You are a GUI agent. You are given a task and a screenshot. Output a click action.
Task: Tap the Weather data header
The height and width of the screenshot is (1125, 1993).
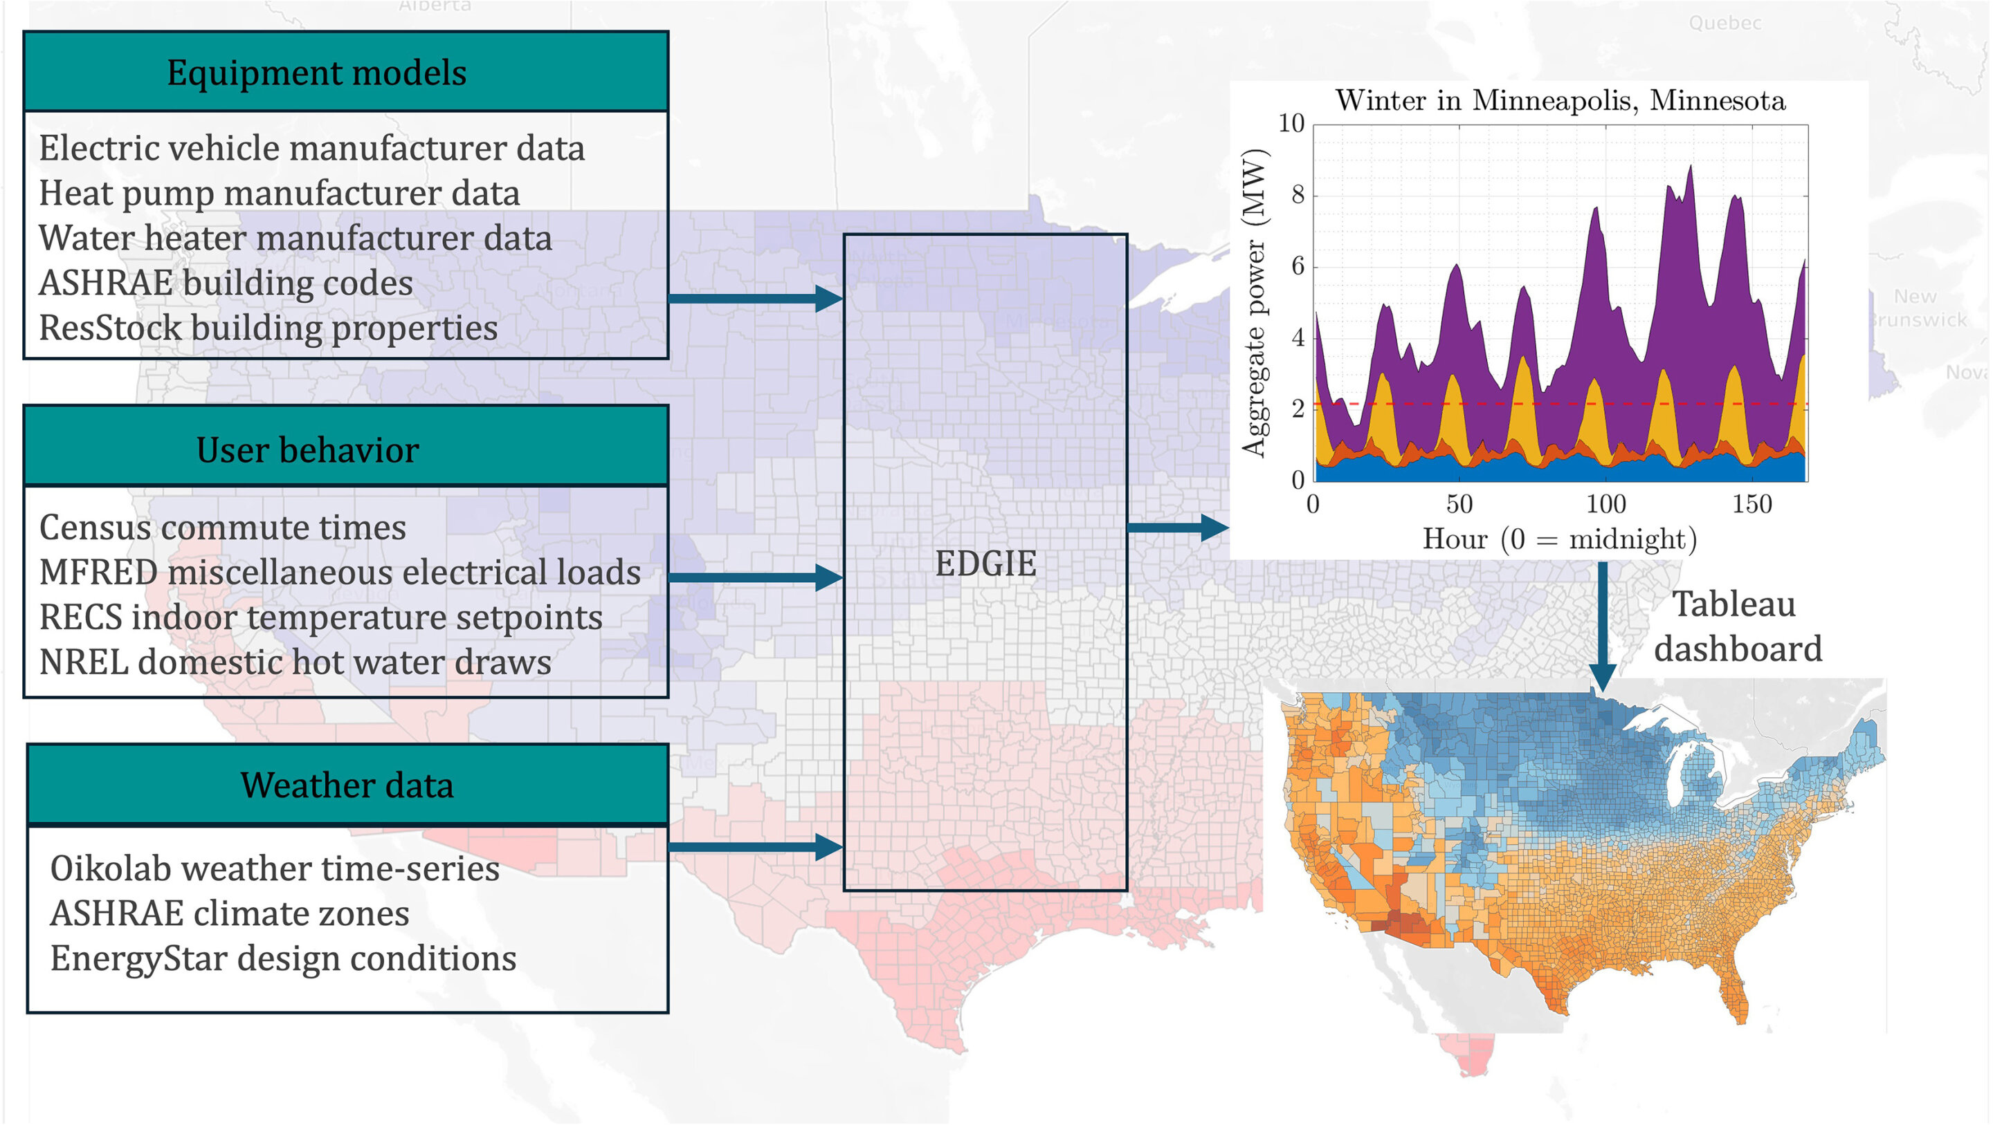347,785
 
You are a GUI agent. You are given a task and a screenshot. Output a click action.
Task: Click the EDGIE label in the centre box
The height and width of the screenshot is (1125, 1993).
985,563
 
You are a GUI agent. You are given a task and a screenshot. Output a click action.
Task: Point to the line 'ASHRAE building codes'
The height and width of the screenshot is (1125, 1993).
226,283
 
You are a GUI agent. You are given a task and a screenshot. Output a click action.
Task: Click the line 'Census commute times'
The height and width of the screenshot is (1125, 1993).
223,528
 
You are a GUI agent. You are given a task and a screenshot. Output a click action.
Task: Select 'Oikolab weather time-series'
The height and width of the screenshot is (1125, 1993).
275,868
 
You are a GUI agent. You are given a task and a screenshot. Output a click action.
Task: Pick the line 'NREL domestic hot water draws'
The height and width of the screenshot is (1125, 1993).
295,662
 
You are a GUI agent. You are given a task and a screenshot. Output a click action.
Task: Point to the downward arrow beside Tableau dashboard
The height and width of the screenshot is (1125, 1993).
1602,626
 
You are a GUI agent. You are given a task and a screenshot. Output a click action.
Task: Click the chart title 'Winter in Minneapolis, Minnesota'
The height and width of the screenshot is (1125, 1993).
1560,100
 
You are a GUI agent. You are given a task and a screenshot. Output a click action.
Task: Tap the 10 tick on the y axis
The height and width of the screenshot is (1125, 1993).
1291,124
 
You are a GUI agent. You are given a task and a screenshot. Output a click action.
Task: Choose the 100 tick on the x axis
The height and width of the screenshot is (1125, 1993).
1605,504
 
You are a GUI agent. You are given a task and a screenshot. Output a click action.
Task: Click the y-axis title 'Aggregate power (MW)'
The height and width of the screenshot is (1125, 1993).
1253,301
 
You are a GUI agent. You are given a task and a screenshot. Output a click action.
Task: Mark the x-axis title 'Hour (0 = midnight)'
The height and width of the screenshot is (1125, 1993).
1560,539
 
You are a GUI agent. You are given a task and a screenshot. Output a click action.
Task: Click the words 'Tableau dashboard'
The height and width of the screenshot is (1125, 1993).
1737,626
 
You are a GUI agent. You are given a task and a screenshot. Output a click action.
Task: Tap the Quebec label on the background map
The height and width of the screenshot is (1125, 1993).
1724,24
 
